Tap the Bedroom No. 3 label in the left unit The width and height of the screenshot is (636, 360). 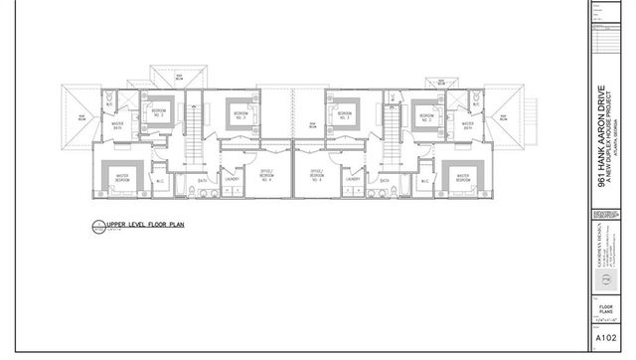click(238, 115)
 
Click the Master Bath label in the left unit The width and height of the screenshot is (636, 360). click(117, 126)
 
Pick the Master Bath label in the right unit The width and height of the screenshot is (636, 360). click(466, 126)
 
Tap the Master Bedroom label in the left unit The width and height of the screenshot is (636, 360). click(123, 179)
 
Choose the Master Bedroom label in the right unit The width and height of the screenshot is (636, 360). click(460, 179)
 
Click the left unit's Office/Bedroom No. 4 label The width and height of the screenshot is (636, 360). click(267, 176)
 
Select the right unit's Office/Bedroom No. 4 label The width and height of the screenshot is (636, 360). click(318, 176)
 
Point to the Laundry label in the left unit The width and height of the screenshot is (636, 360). click(231, 179)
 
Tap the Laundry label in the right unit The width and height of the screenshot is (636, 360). click(354, 179)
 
